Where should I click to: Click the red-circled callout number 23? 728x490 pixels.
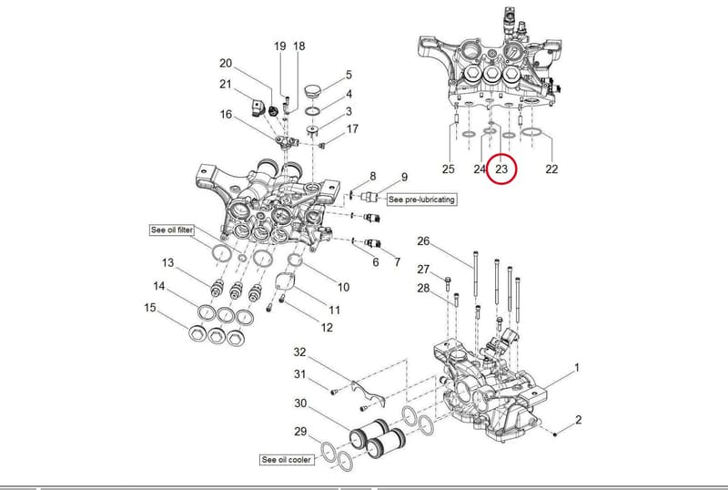coord(501,168)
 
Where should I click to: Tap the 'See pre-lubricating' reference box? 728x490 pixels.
coord(421,199)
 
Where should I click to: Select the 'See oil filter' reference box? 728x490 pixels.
coord(172,230)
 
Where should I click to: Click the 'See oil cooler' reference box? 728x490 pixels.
coord(286,459)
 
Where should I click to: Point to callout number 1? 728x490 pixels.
coord(577,368)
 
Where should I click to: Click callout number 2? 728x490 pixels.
coord(578,420)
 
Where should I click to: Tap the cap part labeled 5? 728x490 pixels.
coord(313,91)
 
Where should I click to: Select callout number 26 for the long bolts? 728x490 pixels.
coord(423,240)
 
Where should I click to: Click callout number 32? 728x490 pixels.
coord(300,352)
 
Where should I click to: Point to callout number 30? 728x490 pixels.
coord(300,403)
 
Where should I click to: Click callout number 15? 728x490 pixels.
coord(150,308)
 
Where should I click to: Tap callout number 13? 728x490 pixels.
coord(167,262)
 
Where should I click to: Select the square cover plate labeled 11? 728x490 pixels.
coord(285,281)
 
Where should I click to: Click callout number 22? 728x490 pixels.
coord(551,168)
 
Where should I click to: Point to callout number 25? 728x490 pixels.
coord(448,168)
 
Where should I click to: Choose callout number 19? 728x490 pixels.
coord(279,46)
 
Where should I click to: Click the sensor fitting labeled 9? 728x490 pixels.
coord(370,196)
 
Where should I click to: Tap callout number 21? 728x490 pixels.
coord(226,84)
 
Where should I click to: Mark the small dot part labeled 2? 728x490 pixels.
coord(555,434)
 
